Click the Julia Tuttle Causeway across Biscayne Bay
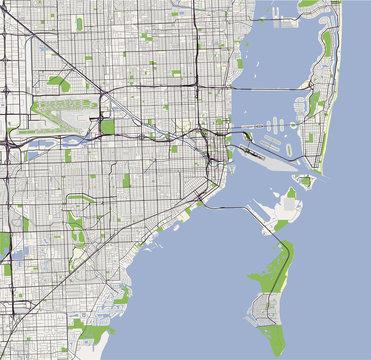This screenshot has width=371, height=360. point(275,91)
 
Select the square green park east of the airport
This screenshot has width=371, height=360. point(107,127)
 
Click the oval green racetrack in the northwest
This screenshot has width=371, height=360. point(58,84)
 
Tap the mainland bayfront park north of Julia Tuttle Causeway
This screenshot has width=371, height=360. point(239,63)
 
